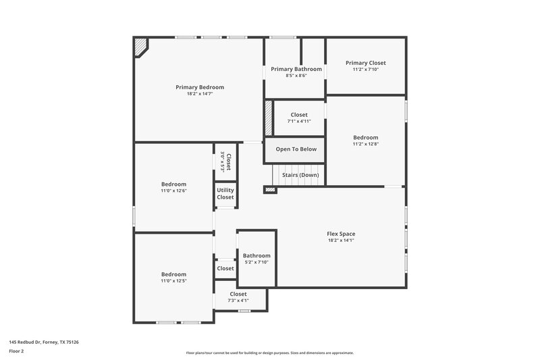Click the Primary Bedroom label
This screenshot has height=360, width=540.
tap(200, 87)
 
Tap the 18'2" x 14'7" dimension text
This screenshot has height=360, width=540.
tap(200, 94)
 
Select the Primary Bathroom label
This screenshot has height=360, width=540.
tap(296, 69)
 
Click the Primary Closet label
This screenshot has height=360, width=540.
tap(366, 63)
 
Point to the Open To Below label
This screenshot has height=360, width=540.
tap(296, 149)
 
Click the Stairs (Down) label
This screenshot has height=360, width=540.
tap(300, 175)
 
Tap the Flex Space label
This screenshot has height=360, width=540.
tap(341, 234)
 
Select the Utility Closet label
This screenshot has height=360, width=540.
tap(225, 193)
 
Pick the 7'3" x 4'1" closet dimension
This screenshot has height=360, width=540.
tap(238, 301)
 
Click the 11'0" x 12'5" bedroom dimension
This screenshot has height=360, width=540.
tap(173, 281)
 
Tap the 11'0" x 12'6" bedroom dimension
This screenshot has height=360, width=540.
tap(173, 190)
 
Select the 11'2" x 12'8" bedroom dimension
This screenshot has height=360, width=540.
tap(365, 144)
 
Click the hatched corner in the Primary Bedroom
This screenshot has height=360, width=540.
tap(142, 47)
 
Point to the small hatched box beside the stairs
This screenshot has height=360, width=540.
tap(270, 190)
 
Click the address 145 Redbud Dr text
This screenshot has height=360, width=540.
tap(43, 342)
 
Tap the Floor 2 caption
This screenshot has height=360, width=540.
tap(16, 351)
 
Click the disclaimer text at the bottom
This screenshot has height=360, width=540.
tap(270, 353)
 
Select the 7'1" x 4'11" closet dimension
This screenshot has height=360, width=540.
tap(299, 122)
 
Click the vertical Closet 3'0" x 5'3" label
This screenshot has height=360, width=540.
tap(226, 162)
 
